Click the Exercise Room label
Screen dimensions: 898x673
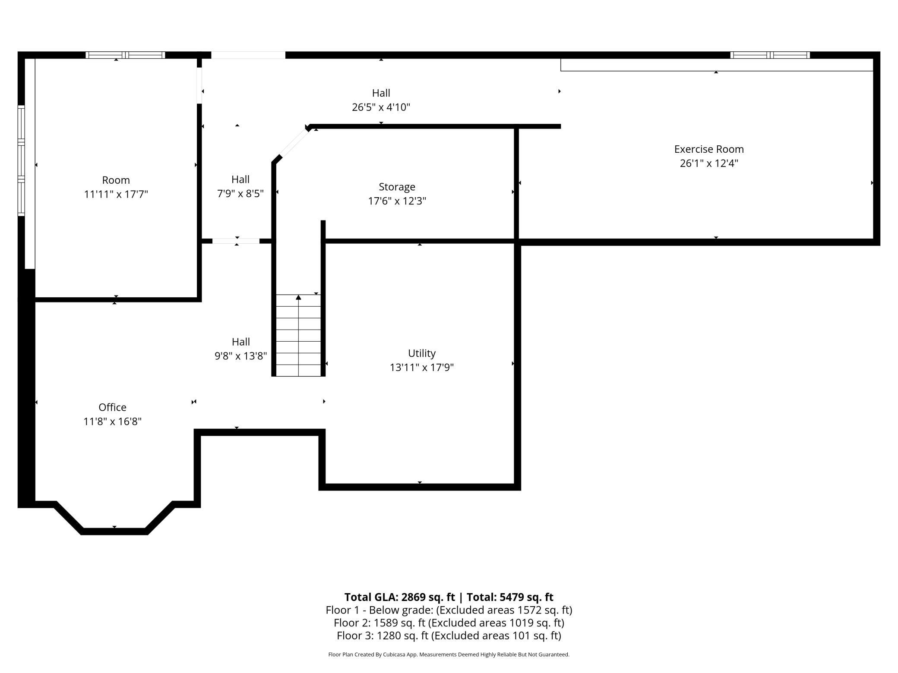coord(709,149)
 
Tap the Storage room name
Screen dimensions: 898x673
coord(397,187)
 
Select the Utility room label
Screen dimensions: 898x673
coord(422,353)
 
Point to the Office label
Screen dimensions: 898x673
coord(112,407)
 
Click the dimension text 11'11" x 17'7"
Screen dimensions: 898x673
coord(116,194)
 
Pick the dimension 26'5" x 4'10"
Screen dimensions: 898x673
coord(381,107)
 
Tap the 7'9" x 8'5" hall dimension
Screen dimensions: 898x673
coord(240,193)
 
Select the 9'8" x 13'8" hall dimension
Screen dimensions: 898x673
coord(240,356)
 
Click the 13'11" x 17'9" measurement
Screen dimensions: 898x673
coord(422,368)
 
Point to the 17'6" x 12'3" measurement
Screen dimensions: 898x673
coord(397,201)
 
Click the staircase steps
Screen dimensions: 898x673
coord(298,335)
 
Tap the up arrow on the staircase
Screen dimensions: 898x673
coord(298,297)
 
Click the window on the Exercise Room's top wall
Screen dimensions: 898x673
coord(770,55)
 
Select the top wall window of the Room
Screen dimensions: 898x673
coord(125,55)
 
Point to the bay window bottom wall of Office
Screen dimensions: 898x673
coord(114,531)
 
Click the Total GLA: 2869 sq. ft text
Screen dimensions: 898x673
coord(399,597)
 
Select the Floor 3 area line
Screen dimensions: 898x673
coord(449,635)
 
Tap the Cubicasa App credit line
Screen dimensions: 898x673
coord(449,654)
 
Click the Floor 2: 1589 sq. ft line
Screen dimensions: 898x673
coord(449,623)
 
